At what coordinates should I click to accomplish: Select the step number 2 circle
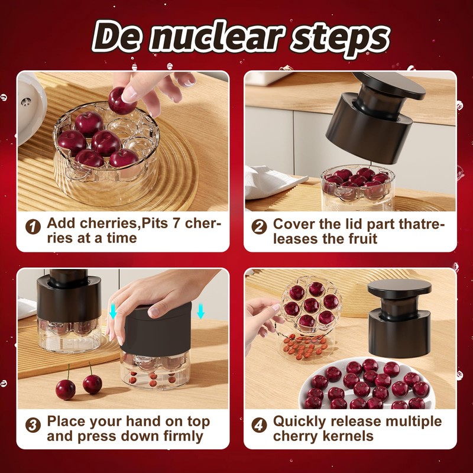pyautogui.click(x=259, y=226)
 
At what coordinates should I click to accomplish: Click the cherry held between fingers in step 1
pyautogui.click(x=122, y=100)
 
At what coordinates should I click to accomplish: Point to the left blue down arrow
pyautogui.click(x=113, y=312)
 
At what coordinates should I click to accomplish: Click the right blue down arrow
pyautogui.click(x=200, y=312)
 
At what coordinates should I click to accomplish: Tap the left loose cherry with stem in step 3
pyautogui.click(x=65, y=388)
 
